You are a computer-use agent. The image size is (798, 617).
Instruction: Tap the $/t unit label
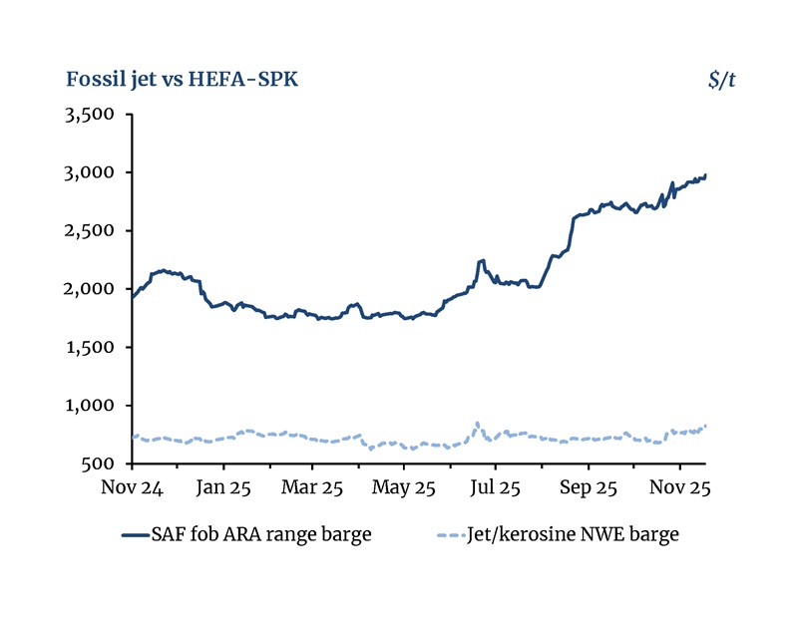click(x=722, y=79)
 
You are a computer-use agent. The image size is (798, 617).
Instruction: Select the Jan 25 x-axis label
click(x=223, y=488)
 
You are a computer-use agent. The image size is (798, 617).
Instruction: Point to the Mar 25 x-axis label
click(x=313, y=488)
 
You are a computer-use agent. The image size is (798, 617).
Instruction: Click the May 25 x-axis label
click(x=405, y=488)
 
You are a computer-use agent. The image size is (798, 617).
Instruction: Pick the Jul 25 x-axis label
click(x=496, y=488)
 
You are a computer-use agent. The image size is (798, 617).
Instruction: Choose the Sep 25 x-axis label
click(x=588, y=488)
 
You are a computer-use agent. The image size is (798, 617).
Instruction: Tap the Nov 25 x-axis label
click(x=679, y=488)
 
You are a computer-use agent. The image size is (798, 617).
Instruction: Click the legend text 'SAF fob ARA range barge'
click(x=261, y=534)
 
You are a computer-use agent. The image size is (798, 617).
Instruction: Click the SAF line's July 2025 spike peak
click(x=482, y=260)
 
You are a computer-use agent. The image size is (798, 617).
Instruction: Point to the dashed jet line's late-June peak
click(x=478, y=423)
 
